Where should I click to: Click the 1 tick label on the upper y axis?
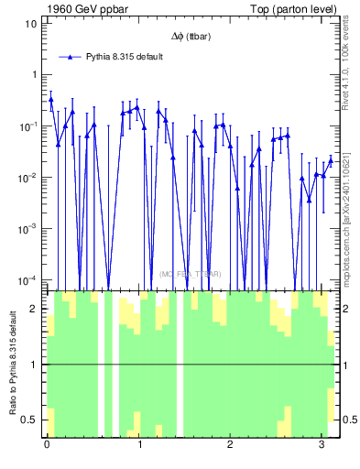pyautogui.click(x=33, y=74)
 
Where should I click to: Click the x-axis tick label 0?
pyautogui.click(x=47, y=445)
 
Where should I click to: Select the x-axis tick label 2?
pyautogui.click(x=230, y=445)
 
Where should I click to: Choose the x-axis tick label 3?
pyautogui.click(x=322, y=445)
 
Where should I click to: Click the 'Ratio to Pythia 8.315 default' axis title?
pyautogui.click(x=12, y=364)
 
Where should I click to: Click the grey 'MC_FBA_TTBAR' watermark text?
pyautogui.click(x=190, y=274)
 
